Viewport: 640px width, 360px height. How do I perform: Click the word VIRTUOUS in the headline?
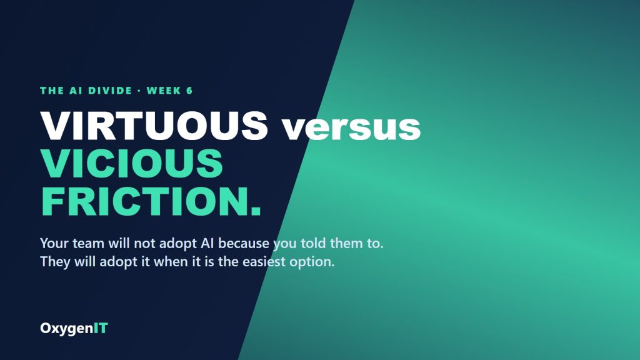154,125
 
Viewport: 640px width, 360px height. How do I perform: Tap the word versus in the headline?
352,128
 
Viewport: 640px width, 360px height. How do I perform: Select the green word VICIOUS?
131,163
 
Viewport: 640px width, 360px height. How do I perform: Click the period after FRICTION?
256,211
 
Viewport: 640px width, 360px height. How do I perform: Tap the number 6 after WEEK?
189,91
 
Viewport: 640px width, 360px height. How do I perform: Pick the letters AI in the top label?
76,91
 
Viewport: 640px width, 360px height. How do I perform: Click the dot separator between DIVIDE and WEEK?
139,91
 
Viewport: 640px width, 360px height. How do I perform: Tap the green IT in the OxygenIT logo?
101,328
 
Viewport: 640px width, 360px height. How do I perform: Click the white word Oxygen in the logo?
66,329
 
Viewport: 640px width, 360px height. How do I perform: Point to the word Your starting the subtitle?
54,243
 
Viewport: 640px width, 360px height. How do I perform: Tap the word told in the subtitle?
314,243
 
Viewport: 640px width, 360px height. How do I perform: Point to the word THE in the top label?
52,91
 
